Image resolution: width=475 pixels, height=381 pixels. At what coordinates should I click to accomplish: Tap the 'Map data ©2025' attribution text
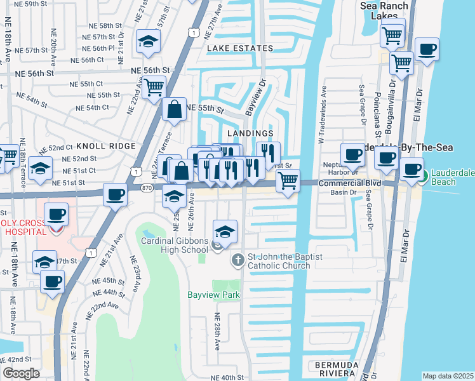(x=448, y=376)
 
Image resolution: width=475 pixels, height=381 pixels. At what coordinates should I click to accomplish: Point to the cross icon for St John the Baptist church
(x=237, y=260)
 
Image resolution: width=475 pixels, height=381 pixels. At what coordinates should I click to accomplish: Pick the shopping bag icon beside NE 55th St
(x=173, y=109)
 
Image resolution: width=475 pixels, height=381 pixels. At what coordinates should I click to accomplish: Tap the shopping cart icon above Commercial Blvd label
(x=288, y=180)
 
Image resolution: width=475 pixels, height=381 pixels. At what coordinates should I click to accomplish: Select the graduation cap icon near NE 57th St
(x=148, y=41)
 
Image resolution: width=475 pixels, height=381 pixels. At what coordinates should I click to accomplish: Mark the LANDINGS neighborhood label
(x=253, y=133)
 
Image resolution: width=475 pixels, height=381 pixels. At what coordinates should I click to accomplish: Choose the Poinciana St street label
(x=378, y=108)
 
